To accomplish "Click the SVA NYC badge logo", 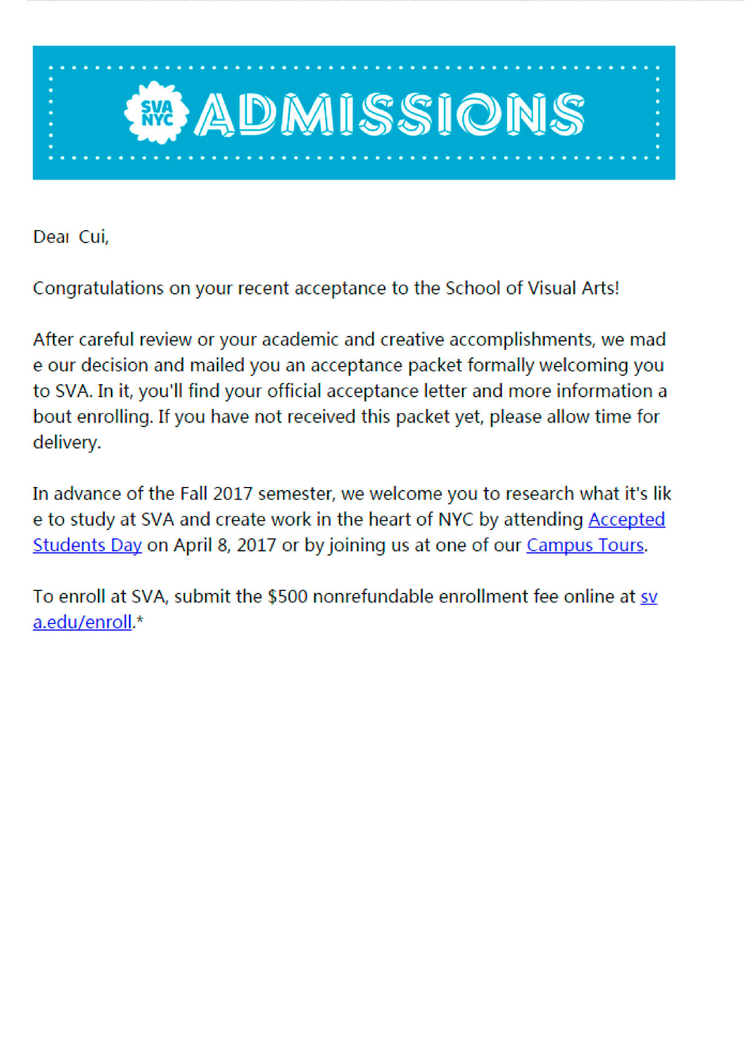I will tap(156, 113).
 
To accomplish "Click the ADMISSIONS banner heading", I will tap(389, 114).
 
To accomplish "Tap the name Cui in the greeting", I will tap(93, 237).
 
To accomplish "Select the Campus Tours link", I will tap(585, 545).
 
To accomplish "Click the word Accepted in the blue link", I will tap(626, 519).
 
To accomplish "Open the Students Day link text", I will tap(87, 545).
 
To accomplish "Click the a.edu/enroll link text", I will tap(82, 622).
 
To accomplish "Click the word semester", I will tap(297, 494).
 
